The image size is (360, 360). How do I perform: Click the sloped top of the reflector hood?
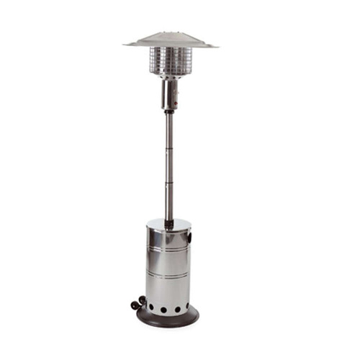pos(170,37)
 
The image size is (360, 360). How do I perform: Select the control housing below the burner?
pos(170,94)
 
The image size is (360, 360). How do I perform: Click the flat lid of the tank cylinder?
pos(168,224)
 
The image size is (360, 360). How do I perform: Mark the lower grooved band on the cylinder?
pos(168,275)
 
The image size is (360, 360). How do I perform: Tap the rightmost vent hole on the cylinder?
pos(188,307)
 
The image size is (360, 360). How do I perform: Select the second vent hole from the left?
pos(162,310)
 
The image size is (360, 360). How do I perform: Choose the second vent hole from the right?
pos(176,310)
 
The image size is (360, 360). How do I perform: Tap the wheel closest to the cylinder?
pos(142,300)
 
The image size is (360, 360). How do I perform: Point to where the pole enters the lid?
pos(168,220)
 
